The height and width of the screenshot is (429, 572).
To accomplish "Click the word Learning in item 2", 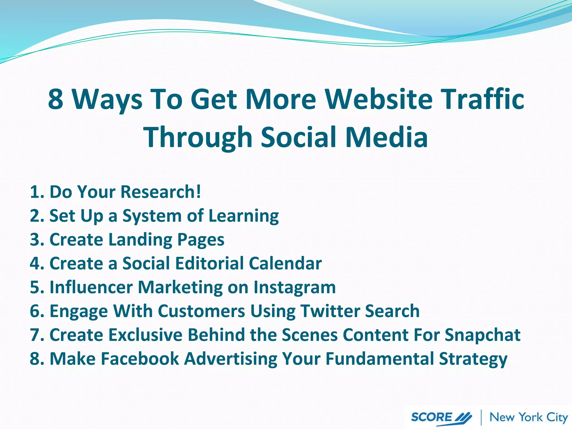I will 244,216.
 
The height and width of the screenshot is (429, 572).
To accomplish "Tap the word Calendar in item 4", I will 285,264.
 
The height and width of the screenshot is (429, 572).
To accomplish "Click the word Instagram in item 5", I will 294,288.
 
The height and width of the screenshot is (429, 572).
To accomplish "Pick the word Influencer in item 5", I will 91,287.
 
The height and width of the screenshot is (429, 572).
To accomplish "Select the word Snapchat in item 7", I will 482,335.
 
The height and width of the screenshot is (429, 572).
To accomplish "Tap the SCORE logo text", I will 432,417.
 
